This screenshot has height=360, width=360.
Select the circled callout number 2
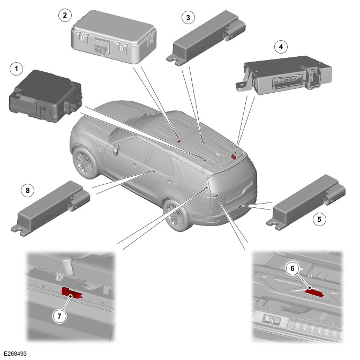[x=65, y=14]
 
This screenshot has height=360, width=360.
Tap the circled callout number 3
[x=187, y=18]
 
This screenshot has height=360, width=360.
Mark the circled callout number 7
[x=61, y=316]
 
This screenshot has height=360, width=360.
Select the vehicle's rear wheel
[x=175, y=214]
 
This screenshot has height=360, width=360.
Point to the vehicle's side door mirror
[x=115, y=148]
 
